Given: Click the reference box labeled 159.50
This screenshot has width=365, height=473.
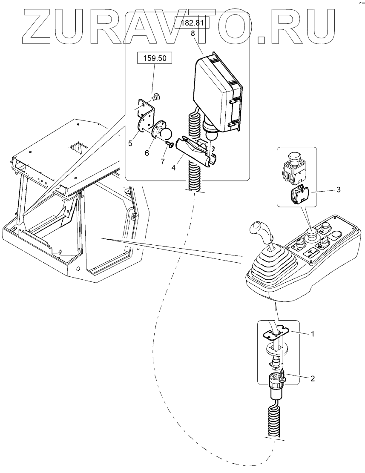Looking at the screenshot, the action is coord(155,58).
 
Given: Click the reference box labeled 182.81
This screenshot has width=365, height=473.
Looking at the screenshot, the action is coord(192,23).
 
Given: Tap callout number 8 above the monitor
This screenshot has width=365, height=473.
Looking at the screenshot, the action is coord(193,34).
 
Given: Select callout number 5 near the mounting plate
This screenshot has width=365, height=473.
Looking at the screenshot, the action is coord(130,143).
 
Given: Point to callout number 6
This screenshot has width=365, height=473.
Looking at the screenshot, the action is coord(147,153).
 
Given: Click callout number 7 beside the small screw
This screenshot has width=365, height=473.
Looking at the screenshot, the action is coord(163,161).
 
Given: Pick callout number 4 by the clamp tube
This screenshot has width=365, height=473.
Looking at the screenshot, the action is coord(173,167).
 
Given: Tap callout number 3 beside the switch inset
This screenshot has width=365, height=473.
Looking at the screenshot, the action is coord(339,189).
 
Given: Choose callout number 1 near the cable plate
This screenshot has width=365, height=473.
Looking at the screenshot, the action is coord(313,334).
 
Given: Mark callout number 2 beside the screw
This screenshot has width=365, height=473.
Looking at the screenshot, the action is coord(313,378).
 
